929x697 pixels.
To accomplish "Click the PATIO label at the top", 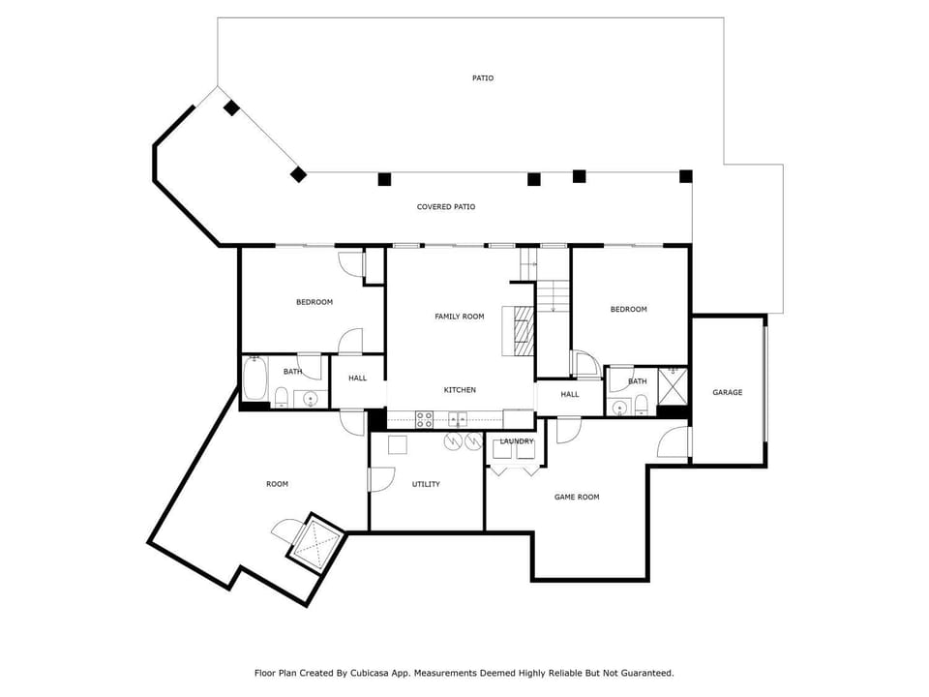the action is [483, 78].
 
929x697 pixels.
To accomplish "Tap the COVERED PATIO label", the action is [445, 207].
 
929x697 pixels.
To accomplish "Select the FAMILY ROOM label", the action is [459, 317].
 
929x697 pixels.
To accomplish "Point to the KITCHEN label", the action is [460, 390].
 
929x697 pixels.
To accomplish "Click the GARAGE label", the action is [727, 392].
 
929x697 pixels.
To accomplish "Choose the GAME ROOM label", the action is [577, 498].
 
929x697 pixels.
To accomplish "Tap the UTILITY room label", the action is [426, 484].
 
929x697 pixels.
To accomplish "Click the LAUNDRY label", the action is [517, 441].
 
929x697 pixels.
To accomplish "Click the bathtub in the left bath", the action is [254, 379].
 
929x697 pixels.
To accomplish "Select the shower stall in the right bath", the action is [673, 386].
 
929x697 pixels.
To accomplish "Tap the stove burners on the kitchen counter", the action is [424, 419].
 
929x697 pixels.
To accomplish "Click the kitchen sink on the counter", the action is [458, 419].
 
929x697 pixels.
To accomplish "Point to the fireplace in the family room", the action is [519, 331].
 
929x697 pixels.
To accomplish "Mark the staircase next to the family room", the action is [553, 296].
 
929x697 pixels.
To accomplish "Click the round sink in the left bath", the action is [311, 400].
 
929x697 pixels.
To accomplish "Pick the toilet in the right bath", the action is [641, 406].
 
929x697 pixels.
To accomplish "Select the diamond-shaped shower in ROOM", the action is [315, 543].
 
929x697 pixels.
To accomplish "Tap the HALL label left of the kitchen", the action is [357, 379].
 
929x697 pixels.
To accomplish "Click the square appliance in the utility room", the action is [398, 444].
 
